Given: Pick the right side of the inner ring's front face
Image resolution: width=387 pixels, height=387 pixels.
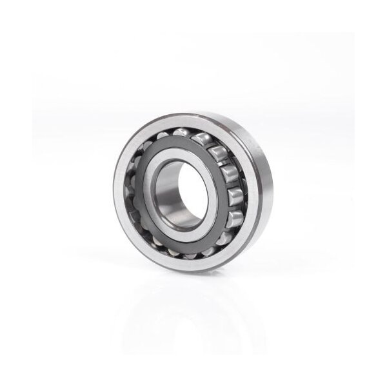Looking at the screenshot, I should pos(207,193).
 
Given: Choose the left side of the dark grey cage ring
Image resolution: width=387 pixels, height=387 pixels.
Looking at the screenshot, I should pos(140,193).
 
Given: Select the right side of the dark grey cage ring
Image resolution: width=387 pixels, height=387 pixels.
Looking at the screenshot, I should pos(223,193).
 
